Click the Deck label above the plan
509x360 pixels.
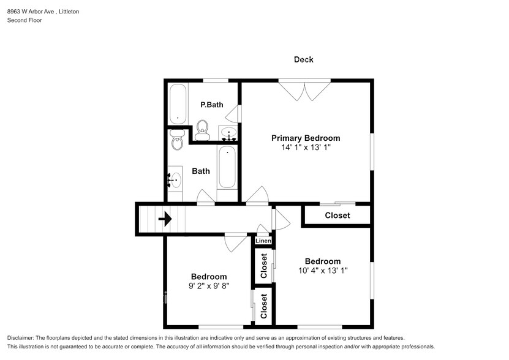304,59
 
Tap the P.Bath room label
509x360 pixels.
212,105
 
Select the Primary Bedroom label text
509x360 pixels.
306,138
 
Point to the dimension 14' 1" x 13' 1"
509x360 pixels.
306,148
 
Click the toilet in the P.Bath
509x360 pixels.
203,130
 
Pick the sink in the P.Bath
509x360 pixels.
229,133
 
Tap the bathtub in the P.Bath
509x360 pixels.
178,103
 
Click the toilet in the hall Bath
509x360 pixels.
177,140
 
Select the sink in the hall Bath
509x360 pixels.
175,180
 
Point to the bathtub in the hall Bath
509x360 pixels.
227,168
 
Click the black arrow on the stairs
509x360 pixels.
165,219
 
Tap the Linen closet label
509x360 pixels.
263,241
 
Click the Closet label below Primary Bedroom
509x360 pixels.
337,216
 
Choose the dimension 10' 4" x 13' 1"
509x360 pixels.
323,271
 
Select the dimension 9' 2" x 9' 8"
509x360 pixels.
209,286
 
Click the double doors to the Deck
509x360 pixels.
304,90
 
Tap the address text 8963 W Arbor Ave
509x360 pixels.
31,12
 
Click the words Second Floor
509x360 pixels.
25,20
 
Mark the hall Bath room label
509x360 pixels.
201,171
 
